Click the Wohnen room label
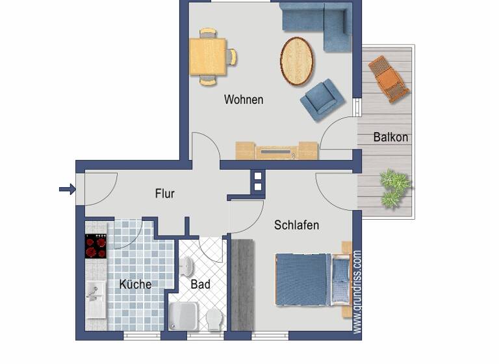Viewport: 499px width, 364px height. (x=244, y=99)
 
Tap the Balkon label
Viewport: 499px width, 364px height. (x=390, y=137)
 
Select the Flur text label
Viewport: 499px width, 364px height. (x=164, y=193)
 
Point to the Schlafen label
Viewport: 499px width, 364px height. (x=296, y=225)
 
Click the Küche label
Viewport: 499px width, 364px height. (x=135, y=284)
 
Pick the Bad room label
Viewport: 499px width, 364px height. (x=200, y=284)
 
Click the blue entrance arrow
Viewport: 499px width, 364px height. (x=67, y=189)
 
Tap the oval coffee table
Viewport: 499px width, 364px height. (x=297, y=61)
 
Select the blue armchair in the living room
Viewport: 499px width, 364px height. (x=322, y=99)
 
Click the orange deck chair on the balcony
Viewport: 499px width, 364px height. (x=389, y=78)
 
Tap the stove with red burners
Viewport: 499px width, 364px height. (x=96, y=246)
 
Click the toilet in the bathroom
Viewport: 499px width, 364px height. (x=214, y=318)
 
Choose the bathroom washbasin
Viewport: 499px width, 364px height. (x=187, y=266)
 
